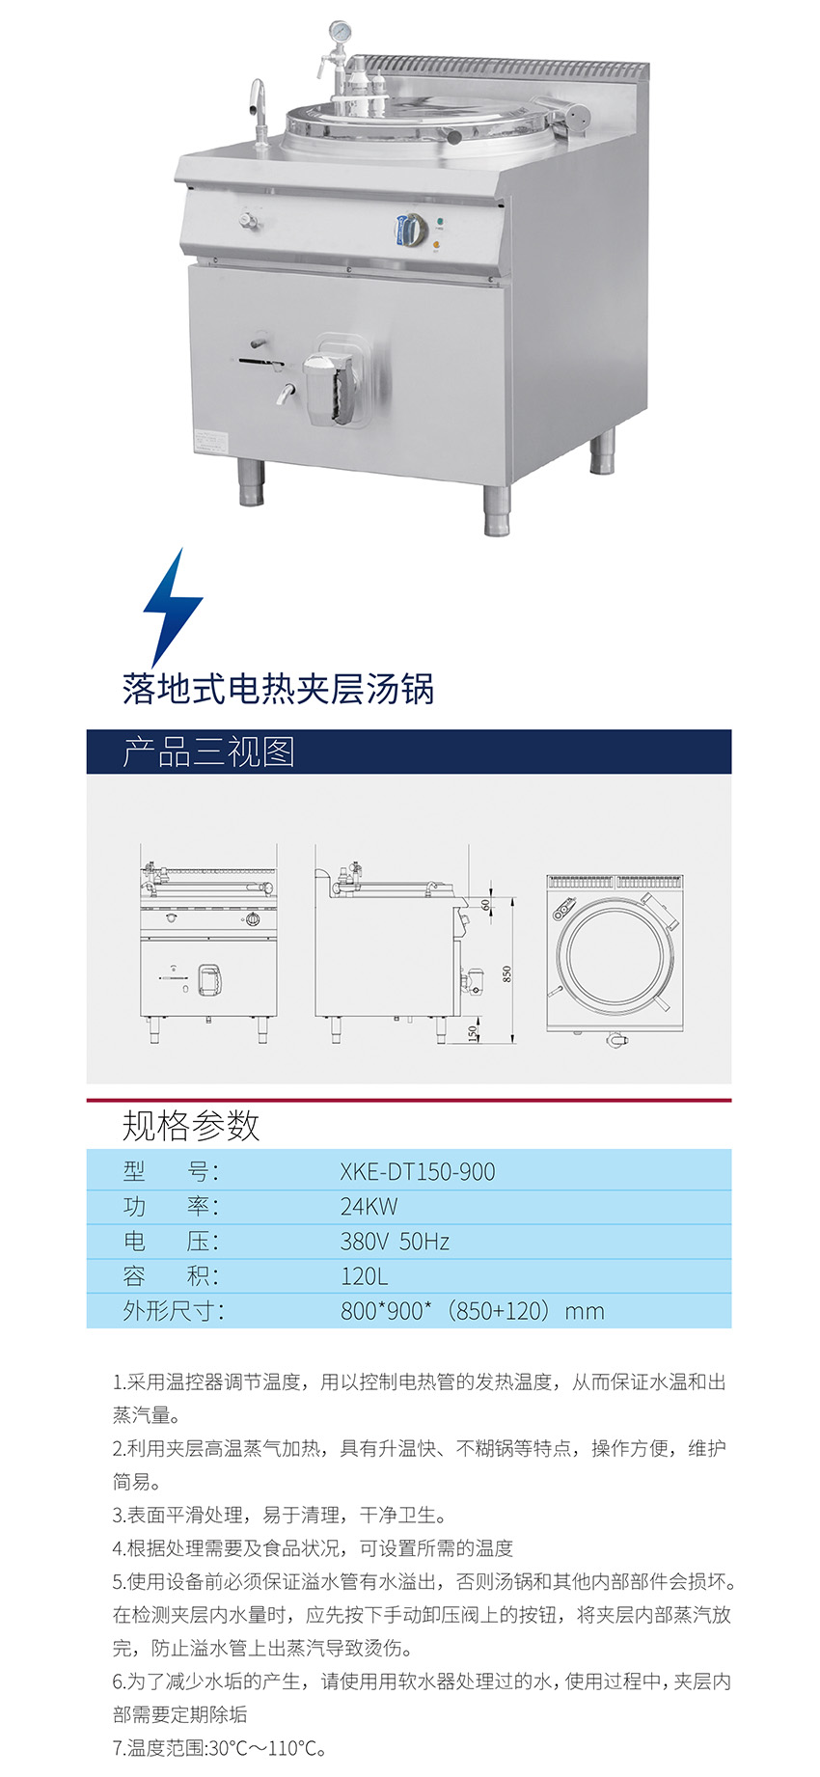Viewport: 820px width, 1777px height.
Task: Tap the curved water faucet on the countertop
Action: pyautogui.click(x=258, y=106)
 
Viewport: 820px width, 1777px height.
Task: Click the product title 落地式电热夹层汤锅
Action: pyautogui.click(x=278, y=689)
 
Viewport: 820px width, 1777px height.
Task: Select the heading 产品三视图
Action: pyautogui.click(x=208, y=752)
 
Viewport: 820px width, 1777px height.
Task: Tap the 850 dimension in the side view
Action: pyautogui.click(x=507, y=973)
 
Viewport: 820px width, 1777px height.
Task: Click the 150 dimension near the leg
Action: pyautogui.click(x=473, y=1033)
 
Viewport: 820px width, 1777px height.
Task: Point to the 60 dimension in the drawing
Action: pyautogui.click(x=485, y=905)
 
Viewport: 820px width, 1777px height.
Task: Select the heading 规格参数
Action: pyautogui.click(x=191, y=1125)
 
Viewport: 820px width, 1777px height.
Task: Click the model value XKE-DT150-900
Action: pyautogui.click(x=418, y=1171)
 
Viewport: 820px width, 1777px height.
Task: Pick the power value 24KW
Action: pyautogui.click(x=369, y=1206)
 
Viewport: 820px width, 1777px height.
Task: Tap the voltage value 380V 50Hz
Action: pyautogui.click(x=395, y=1241)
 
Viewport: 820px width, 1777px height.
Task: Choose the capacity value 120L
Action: pyautogui.click(x=364, y=1275)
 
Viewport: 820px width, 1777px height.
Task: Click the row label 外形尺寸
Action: pyautogui.click(x=174, y=1310)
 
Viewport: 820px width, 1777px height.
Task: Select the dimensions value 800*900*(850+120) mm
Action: pyautogui.click(x=472, y=1310)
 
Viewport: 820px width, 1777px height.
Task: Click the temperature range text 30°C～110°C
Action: pyautogui.click(x=267, y=1747)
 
